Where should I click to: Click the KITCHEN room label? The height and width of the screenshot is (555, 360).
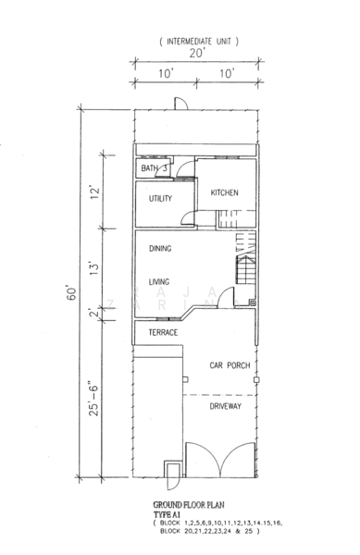click(225, 193)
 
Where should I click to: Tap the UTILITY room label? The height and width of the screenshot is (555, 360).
click(160, 199)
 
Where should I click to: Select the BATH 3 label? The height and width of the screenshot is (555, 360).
click(154, 168)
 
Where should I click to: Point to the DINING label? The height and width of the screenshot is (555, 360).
click(160, 249)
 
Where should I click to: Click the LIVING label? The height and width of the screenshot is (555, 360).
click(159, 282)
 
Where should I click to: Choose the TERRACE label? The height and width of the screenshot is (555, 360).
click(163, 333)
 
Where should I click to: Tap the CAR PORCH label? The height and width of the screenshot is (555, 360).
click(230, 365)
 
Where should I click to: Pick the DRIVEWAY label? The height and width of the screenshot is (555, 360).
click(226, 406)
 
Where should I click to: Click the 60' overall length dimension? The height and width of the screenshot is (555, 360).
click(71, 293)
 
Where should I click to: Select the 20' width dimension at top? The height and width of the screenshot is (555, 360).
click(197, 53)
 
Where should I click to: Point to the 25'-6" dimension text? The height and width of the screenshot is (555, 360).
click(93, 399)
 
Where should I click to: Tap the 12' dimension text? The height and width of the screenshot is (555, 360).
click(94, 192)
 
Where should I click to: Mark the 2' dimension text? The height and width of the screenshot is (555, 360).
click(93, 313)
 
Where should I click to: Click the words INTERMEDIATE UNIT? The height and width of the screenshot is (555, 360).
click(199, 42)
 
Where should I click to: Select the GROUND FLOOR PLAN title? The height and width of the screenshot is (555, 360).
click(189, 505)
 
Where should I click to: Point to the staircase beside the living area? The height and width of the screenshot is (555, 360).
click(245, 258)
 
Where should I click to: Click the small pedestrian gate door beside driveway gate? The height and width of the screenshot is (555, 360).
click(173, 475)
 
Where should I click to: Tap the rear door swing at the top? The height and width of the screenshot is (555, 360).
click(180, 104)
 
